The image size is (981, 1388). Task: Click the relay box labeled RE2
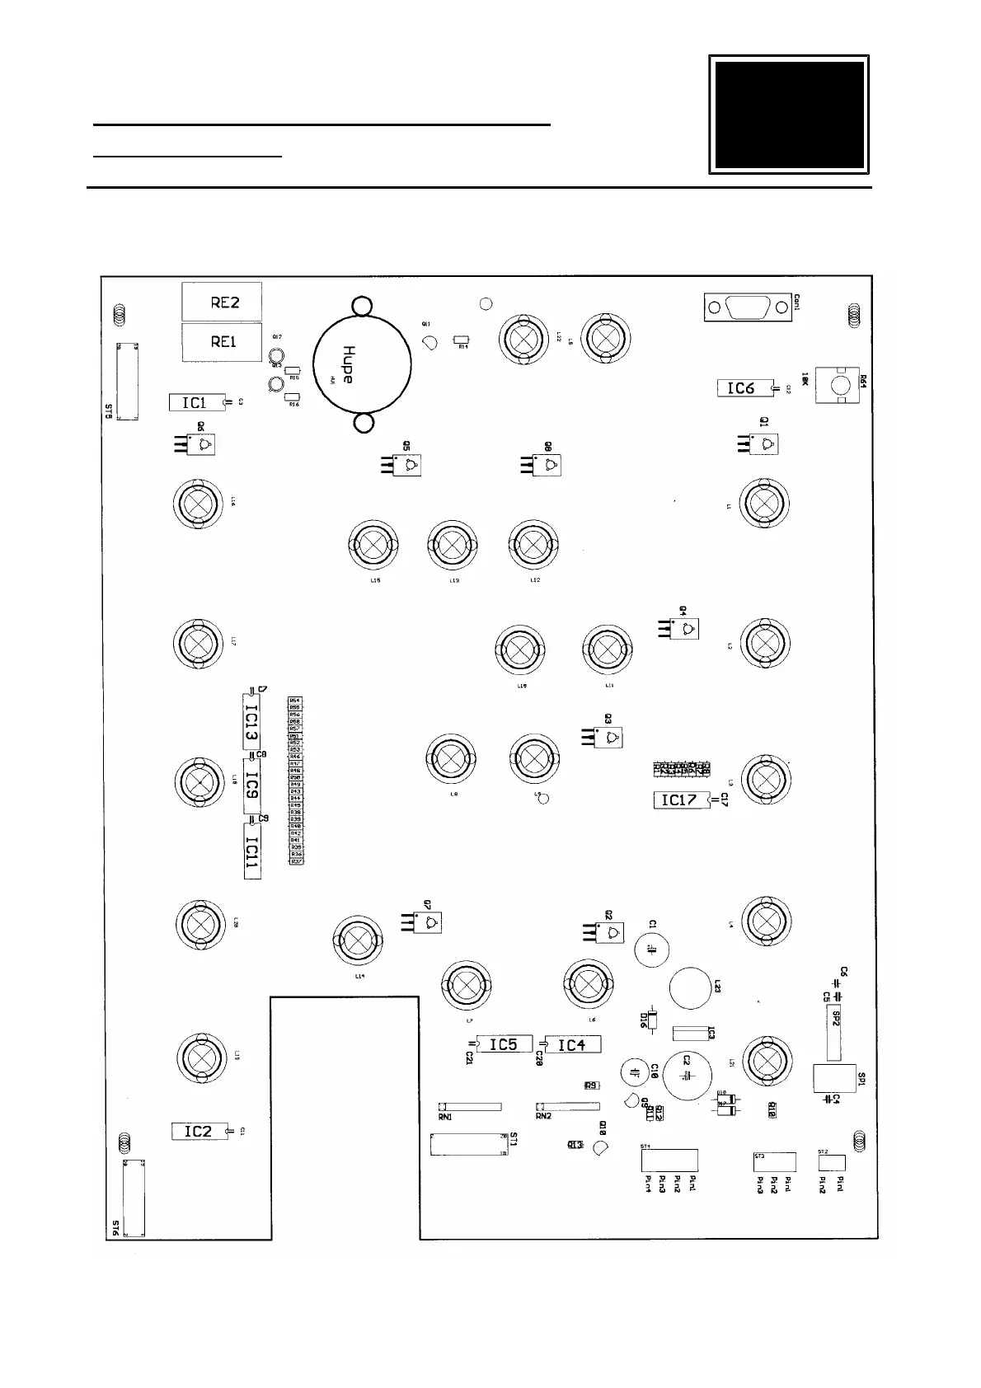(x=222, y=302)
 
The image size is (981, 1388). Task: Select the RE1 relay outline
(x=222, y=341)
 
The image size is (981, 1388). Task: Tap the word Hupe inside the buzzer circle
(x=349, y=363)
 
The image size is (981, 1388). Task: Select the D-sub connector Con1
(x=747, y=307)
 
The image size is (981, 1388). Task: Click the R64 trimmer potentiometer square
(x=838, y=386)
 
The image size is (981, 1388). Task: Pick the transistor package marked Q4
(x=684, y=630)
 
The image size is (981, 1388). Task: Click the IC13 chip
(x=251, y=723)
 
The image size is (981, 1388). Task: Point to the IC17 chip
(x=681, y=800)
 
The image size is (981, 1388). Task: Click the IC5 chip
(x=505, y=1045)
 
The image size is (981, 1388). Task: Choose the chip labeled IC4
(x=572, y=1045)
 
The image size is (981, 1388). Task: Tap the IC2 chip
(x=199, y=1132)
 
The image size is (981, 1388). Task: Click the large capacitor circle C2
(x=688, y=1075)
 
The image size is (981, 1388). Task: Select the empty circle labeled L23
(x=689, y=987)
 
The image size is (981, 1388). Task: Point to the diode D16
(x=651, y=1021)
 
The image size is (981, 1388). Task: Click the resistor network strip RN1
(x=470, y=1106)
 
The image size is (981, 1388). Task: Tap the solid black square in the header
(x=789, y=115)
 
